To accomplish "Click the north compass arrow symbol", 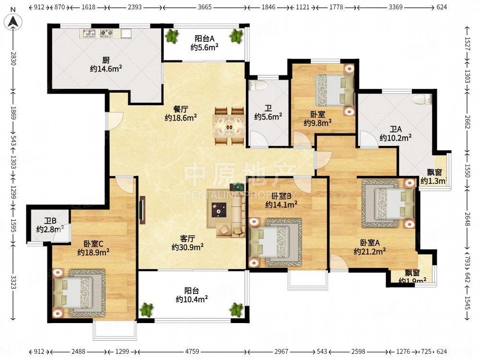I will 13,21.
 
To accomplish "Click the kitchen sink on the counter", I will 89,34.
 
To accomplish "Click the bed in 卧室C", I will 79,293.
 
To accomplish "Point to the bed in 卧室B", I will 276,242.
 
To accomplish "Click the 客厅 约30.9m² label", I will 188,243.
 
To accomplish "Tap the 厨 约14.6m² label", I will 106,65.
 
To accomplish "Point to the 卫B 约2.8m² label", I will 50,225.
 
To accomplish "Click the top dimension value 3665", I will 205,8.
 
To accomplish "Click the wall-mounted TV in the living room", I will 142,210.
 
